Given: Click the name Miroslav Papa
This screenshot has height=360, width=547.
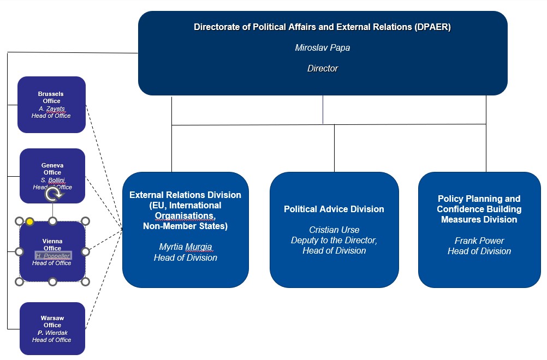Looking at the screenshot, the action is pos(322,48).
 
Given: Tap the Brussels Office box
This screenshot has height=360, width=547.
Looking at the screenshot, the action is pos(52,105).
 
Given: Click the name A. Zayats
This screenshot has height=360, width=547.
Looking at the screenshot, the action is pos(52,109).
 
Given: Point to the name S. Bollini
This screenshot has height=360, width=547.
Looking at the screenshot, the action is pos(52,180).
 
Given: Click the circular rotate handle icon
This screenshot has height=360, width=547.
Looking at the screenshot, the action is pos(53,195).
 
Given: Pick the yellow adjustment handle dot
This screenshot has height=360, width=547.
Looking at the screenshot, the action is pos(30,221).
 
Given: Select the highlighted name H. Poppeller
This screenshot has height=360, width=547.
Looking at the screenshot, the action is pos(52,256).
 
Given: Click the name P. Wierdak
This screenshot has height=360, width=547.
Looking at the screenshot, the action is pos(52,333).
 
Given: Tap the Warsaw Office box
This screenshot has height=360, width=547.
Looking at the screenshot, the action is pos(52,328).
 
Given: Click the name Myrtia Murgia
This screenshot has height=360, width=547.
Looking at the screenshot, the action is pos(185,247).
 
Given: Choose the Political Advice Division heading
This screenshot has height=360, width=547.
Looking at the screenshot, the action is pos(334,209).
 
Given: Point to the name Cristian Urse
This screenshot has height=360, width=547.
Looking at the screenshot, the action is pos(334,230).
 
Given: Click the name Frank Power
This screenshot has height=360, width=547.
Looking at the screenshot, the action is pos(479,241).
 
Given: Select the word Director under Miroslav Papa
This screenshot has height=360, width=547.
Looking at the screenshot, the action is pos(323,68).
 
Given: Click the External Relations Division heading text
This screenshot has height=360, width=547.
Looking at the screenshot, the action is pos(185,195).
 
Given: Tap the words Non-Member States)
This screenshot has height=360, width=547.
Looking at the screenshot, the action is pos(185,226).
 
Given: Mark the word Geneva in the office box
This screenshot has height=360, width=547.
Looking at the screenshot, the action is pos(52,165).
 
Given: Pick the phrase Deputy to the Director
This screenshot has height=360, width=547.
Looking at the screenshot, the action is pos(334,241).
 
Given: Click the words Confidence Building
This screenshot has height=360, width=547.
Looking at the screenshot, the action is pos(479,209).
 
